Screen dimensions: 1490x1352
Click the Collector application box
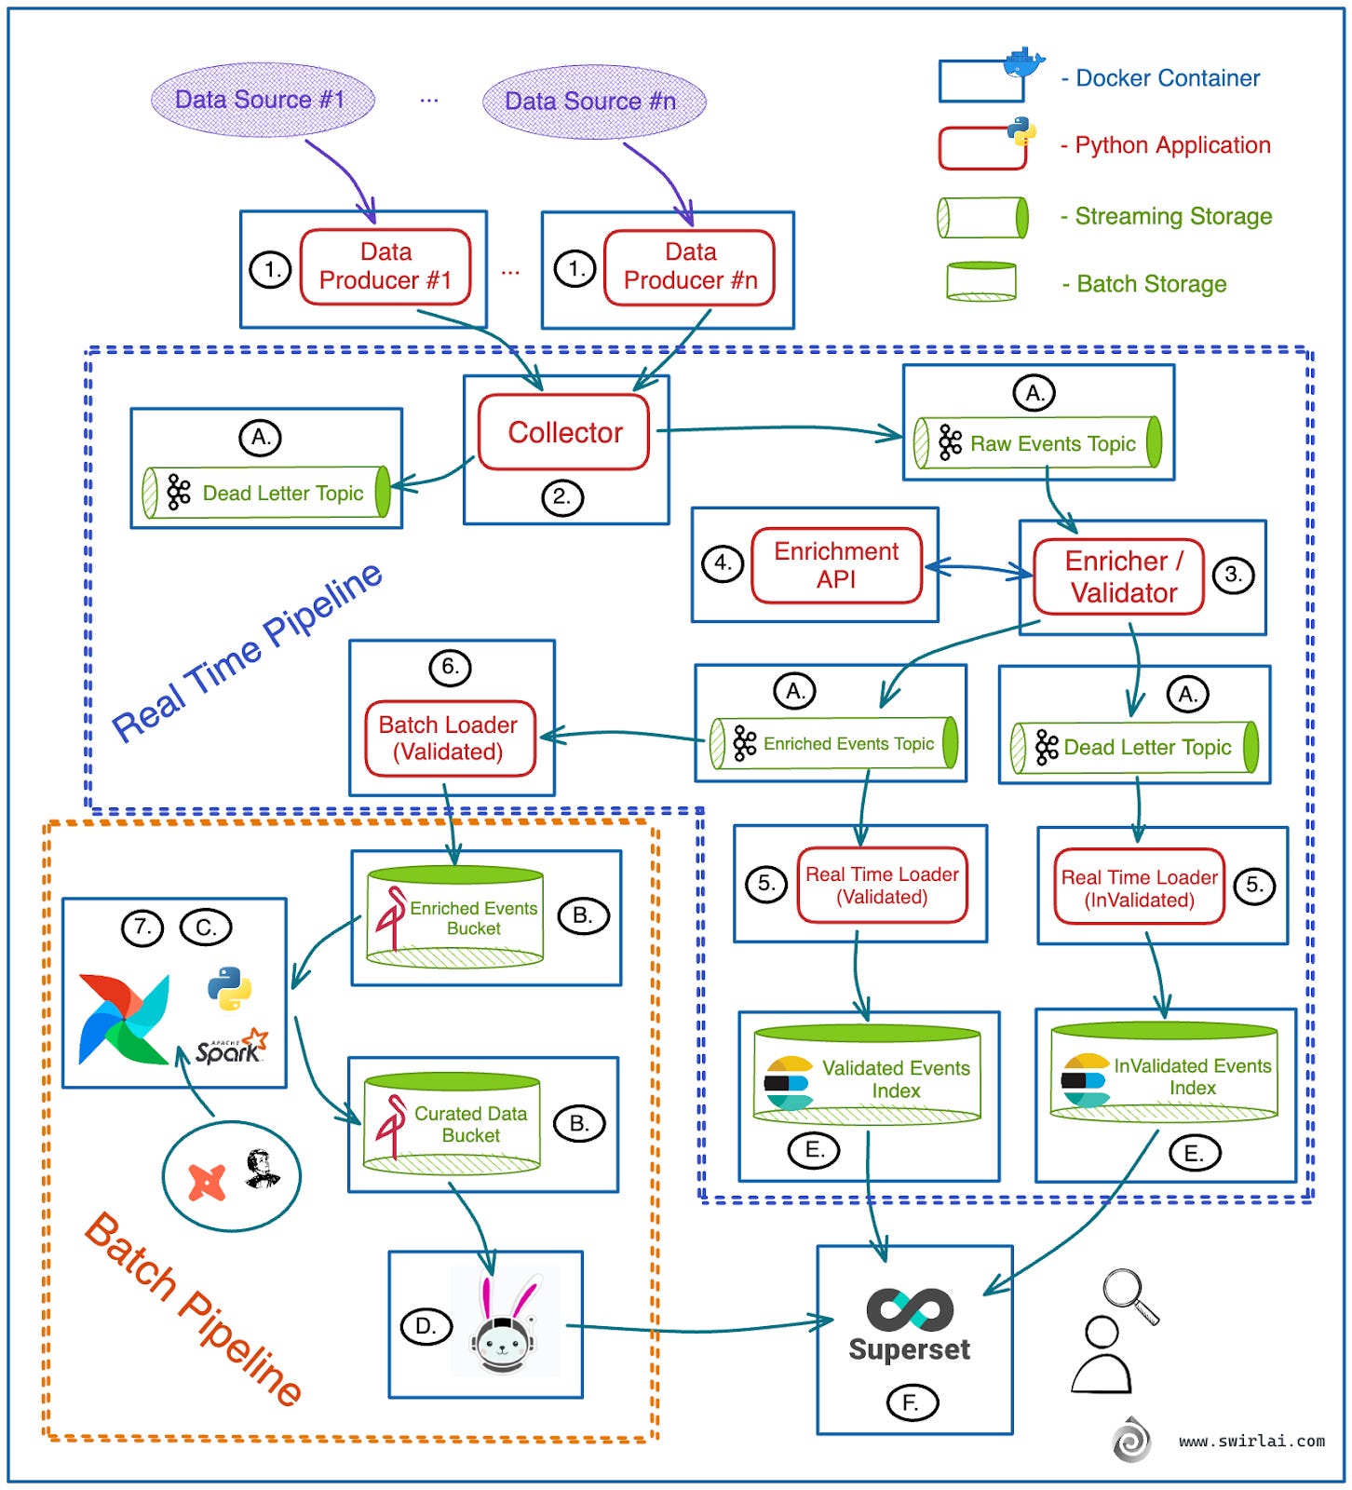pos(563,432)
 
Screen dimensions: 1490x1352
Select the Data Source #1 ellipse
pos(262,100)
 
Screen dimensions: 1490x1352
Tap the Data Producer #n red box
pos(689,267)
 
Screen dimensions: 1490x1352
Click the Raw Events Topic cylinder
pos(1037,443)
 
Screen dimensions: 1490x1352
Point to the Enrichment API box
pos(835,565)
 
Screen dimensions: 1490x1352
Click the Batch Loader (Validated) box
pos(449,738)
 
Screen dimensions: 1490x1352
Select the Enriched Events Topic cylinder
pos(834,743)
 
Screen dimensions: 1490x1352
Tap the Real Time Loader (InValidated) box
pos(1138,887)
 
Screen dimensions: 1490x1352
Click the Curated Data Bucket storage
pos(453,1124)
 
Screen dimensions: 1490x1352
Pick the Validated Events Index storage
pos(867,1076)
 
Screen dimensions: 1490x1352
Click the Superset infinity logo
pos(909,1309)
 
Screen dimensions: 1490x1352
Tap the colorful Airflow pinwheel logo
pos(124,1020)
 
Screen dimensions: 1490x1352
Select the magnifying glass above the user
pos(1129,1294)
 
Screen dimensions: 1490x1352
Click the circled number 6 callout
pos(450,668)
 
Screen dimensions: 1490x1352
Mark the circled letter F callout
pos(912,1402)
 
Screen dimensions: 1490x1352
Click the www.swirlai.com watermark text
pos(1251,1441)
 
